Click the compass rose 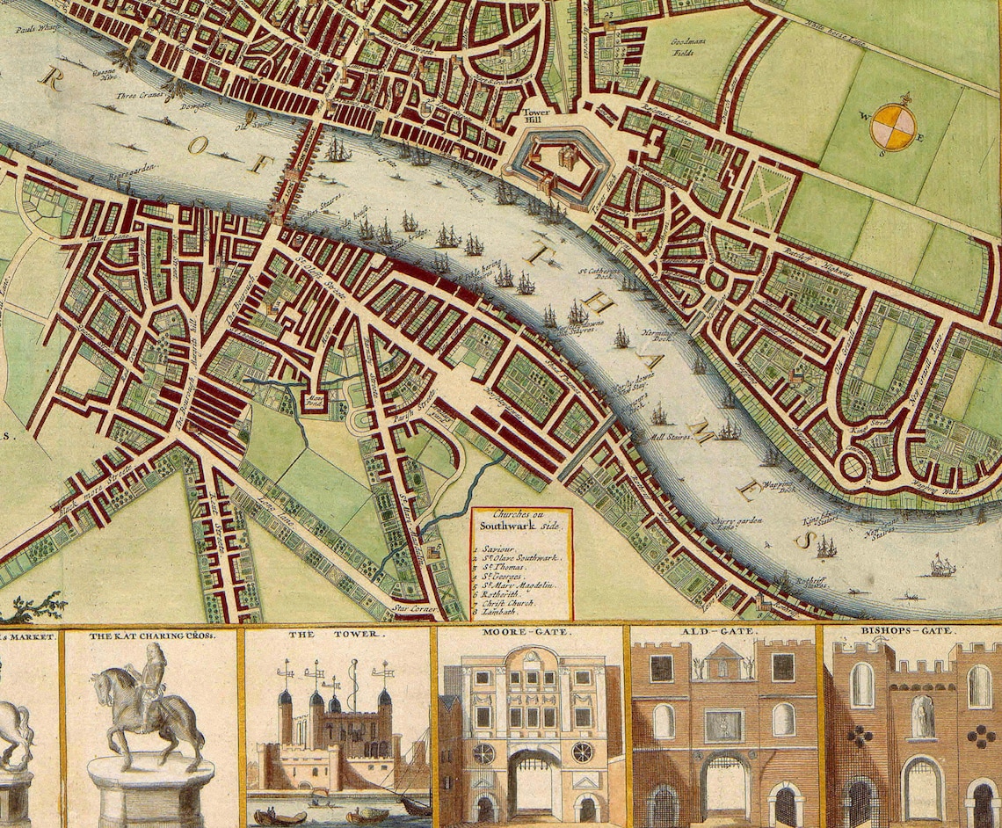pyautogui.click(x=892, y=127)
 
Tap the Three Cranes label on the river pyautogui.click(x=140, y=98)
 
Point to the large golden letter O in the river pyautogui.click(x=196, y=145)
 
